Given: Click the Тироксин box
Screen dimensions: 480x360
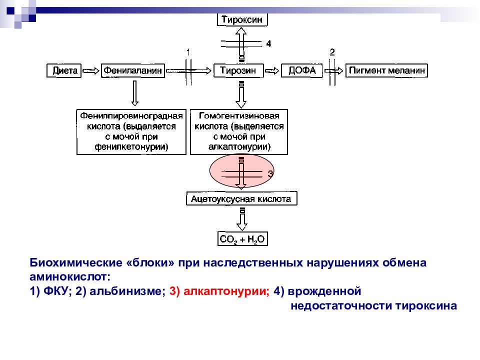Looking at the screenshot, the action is pyautogui.click(x=242, y=19).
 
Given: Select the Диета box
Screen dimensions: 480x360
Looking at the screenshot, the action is pyautogui.click(x=64, y=70).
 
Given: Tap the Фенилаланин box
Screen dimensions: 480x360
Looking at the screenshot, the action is pyautogui.click(x=133, y=70).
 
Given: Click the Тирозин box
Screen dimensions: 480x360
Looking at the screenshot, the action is pyautogui.click(x=238, y=70).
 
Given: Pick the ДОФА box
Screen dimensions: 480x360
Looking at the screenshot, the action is pyautogui.click(x=302, y=70).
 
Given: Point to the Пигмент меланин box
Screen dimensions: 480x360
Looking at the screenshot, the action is pyautogui.click(x=386, y=70).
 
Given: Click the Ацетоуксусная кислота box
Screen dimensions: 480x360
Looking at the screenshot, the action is pyautogui.click(x=241, y=198).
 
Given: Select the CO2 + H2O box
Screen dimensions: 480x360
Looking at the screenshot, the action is pyautogui.click(x=242, y=239).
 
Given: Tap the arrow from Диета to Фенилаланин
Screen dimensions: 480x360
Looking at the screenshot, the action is pyautogui.click(x=91, y=71).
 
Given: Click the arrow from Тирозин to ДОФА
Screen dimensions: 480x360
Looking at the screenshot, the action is pyautogui.click(x=272, y=71).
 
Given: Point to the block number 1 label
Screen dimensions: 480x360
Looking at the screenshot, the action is pyautogui.click(x=188, y=52).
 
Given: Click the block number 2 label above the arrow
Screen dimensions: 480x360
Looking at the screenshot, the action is pyautogui.click(x=332, y=52).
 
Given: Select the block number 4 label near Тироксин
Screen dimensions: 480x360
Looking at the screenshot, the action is pyautogui.click(x=268, y=44).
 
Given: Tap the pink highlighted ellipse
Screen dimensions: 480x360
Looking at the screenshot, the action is pyautogui.click(x=242, y=171).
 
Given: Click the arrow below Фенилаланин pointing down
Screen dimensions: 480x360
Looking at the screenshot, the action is pyautogui.click(x=134, y=93).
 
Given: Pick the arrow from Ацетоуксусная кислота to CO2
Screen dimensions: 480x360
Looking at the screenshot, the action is pyautogui.click(x=242, y=219).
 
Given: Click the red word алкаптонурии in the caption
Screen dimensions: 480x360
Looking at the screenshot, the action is pyautogui.click(x=226, y=291).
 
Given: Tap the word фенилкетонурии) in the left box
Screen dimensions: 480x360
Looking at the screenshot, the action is pyautogui.click(x=131, y=147).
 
